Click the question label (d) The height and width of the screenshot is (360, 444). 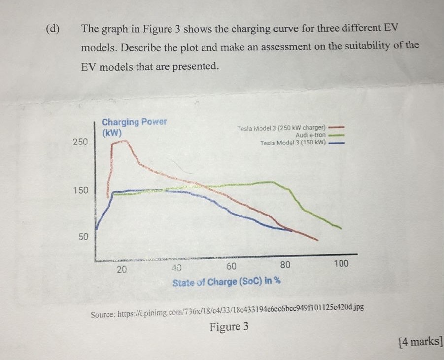(x=52, y=28)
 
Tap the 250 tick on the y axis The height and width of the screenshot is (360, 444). (x=80, y=142)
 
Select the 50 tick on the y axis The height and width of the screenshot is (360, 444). (x=83, y=237)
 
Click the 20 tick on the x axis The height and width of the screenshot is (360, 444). (x=121, y=270)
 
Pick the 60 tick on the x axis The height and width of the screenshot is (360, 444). (x=231, y=267)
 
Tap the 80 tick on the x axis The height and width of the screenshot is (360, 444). (x=285, y=265)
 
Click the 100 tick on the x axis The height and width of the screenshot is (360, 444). (x=341, y=264)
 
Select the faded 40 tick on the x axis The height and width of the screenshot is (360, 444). (x=176, y=269)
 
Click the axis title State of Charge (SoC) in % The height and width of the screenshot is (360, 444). (x=227, y=282)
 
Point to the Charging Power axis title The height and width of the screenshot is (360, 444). (x=134, y=122)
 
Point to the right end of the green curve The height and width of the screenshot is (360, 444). (x=341, y=228)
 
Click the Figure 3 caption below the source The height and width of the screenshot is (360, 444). (x=229, y=327)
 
